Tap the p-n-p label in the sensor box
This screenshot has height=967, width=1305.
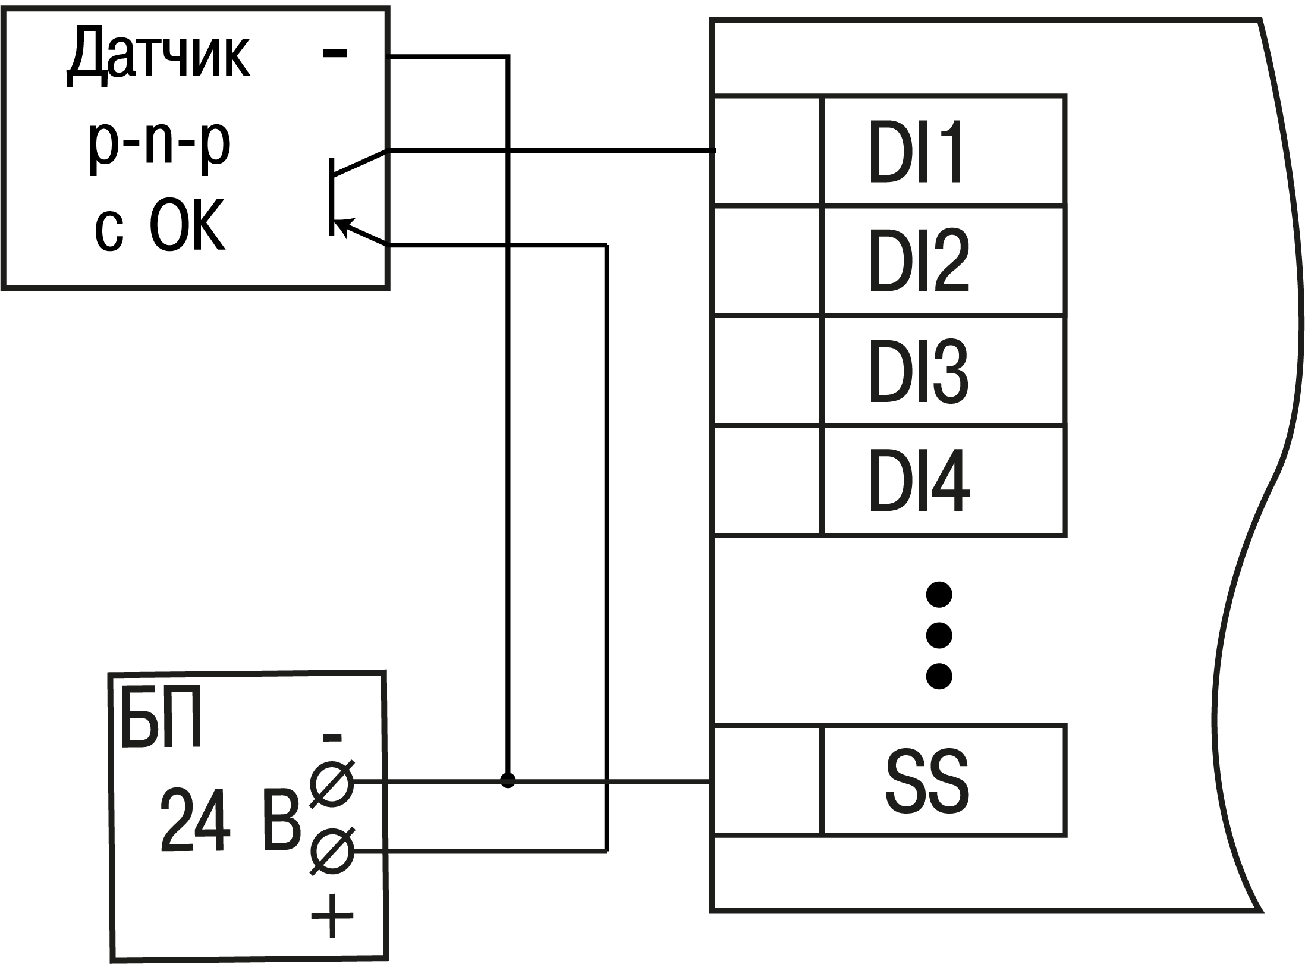(159, 145)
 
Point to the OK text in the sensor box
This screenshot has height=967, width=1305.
(187, 225)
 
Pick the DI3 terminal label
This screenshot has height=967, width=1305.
(919, 372)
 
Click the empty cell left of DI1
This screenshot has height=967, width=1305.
(766, 150)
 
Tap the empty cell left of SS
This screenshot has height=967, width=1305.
(767, 780)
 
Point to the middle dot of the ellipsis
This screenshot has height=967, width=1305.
(939, 635)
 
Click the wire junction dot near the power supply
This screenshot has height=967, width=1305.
(507, 780)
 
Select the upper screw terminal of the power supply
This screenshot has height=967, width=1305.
(332, 783)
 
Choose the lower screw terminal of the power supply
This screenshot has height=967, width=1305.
(332, 852)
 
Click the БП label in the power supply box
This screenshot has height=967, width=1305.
(161, 720)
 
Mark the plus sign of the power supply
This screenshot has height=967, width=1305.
(332, 916)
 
